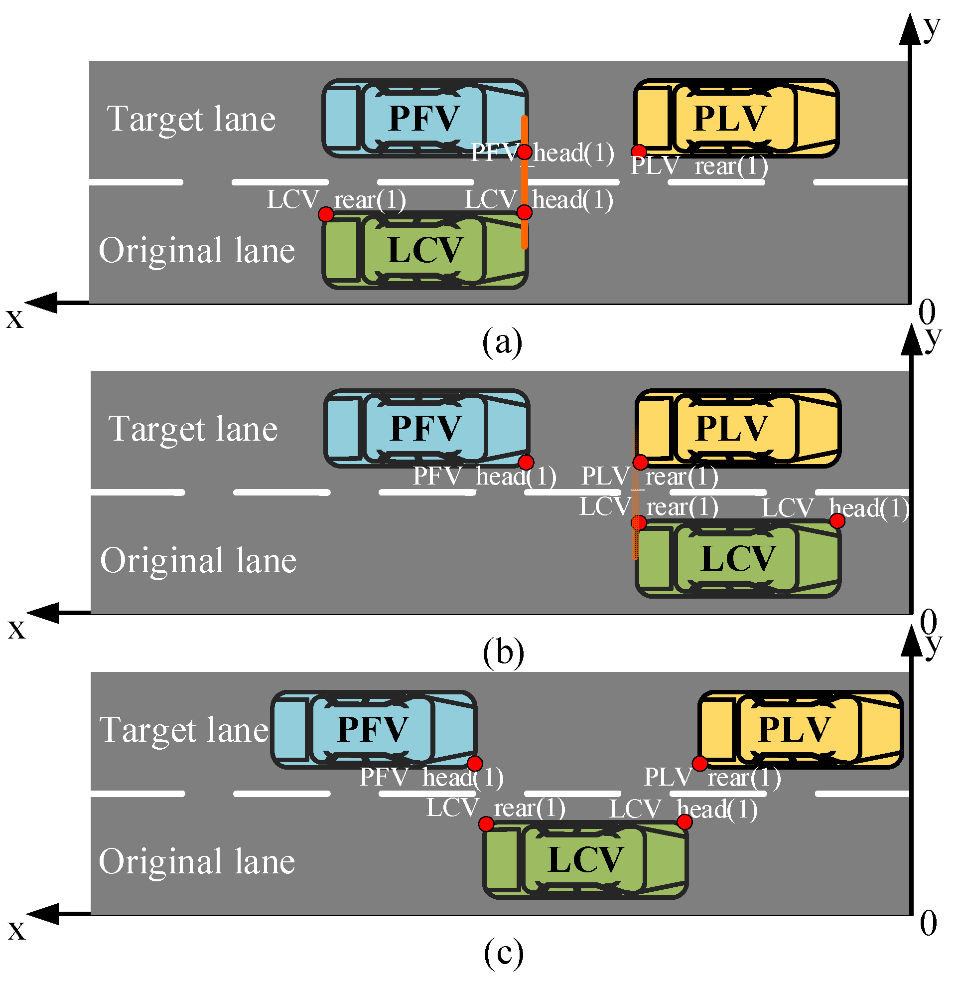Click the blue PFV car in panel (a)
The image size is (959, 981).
(424, 119)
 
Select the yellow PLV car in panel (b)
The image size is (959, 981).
(738, 428)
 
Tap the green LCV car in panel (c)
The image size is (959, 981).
(585, 859)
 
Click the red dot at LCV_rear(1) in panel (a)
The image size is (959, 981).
(326, 215)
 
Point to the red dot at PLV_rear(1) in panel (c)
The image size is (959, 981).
(699, 764)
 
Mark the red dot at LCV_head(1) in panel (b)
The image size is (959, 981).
(837, 521)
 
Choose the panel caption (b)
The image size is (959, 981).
(503, 653)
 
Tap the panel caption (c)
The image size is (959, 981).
(503, 953)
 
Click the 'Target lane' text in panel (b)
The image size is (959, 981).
(193, 429)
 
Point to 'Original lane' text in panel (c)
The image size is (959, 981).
(197, 862)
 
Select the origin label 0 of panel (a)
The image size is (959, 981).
(927, 313)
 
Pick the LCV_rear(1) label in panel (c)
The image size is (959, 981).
(496, 808)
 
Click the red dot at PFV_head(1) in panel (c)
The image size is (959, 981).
(475, 764)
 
